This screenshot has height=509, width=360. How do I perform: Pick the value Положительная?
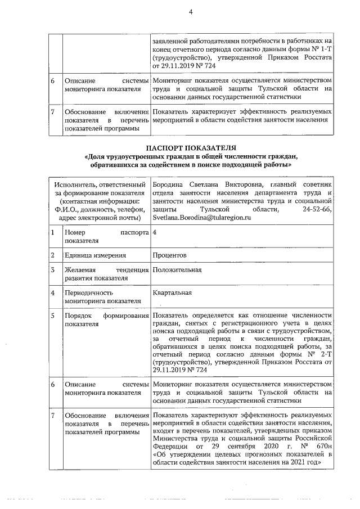coord(177,270)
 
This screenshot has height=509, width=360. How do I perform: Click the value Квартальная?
coord(172,292)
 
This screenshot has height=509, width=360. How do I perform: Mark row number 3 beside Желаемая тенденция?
coord(52,270)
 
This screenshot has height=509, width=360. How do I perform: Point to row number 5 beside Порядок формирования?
coord(52,316)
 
